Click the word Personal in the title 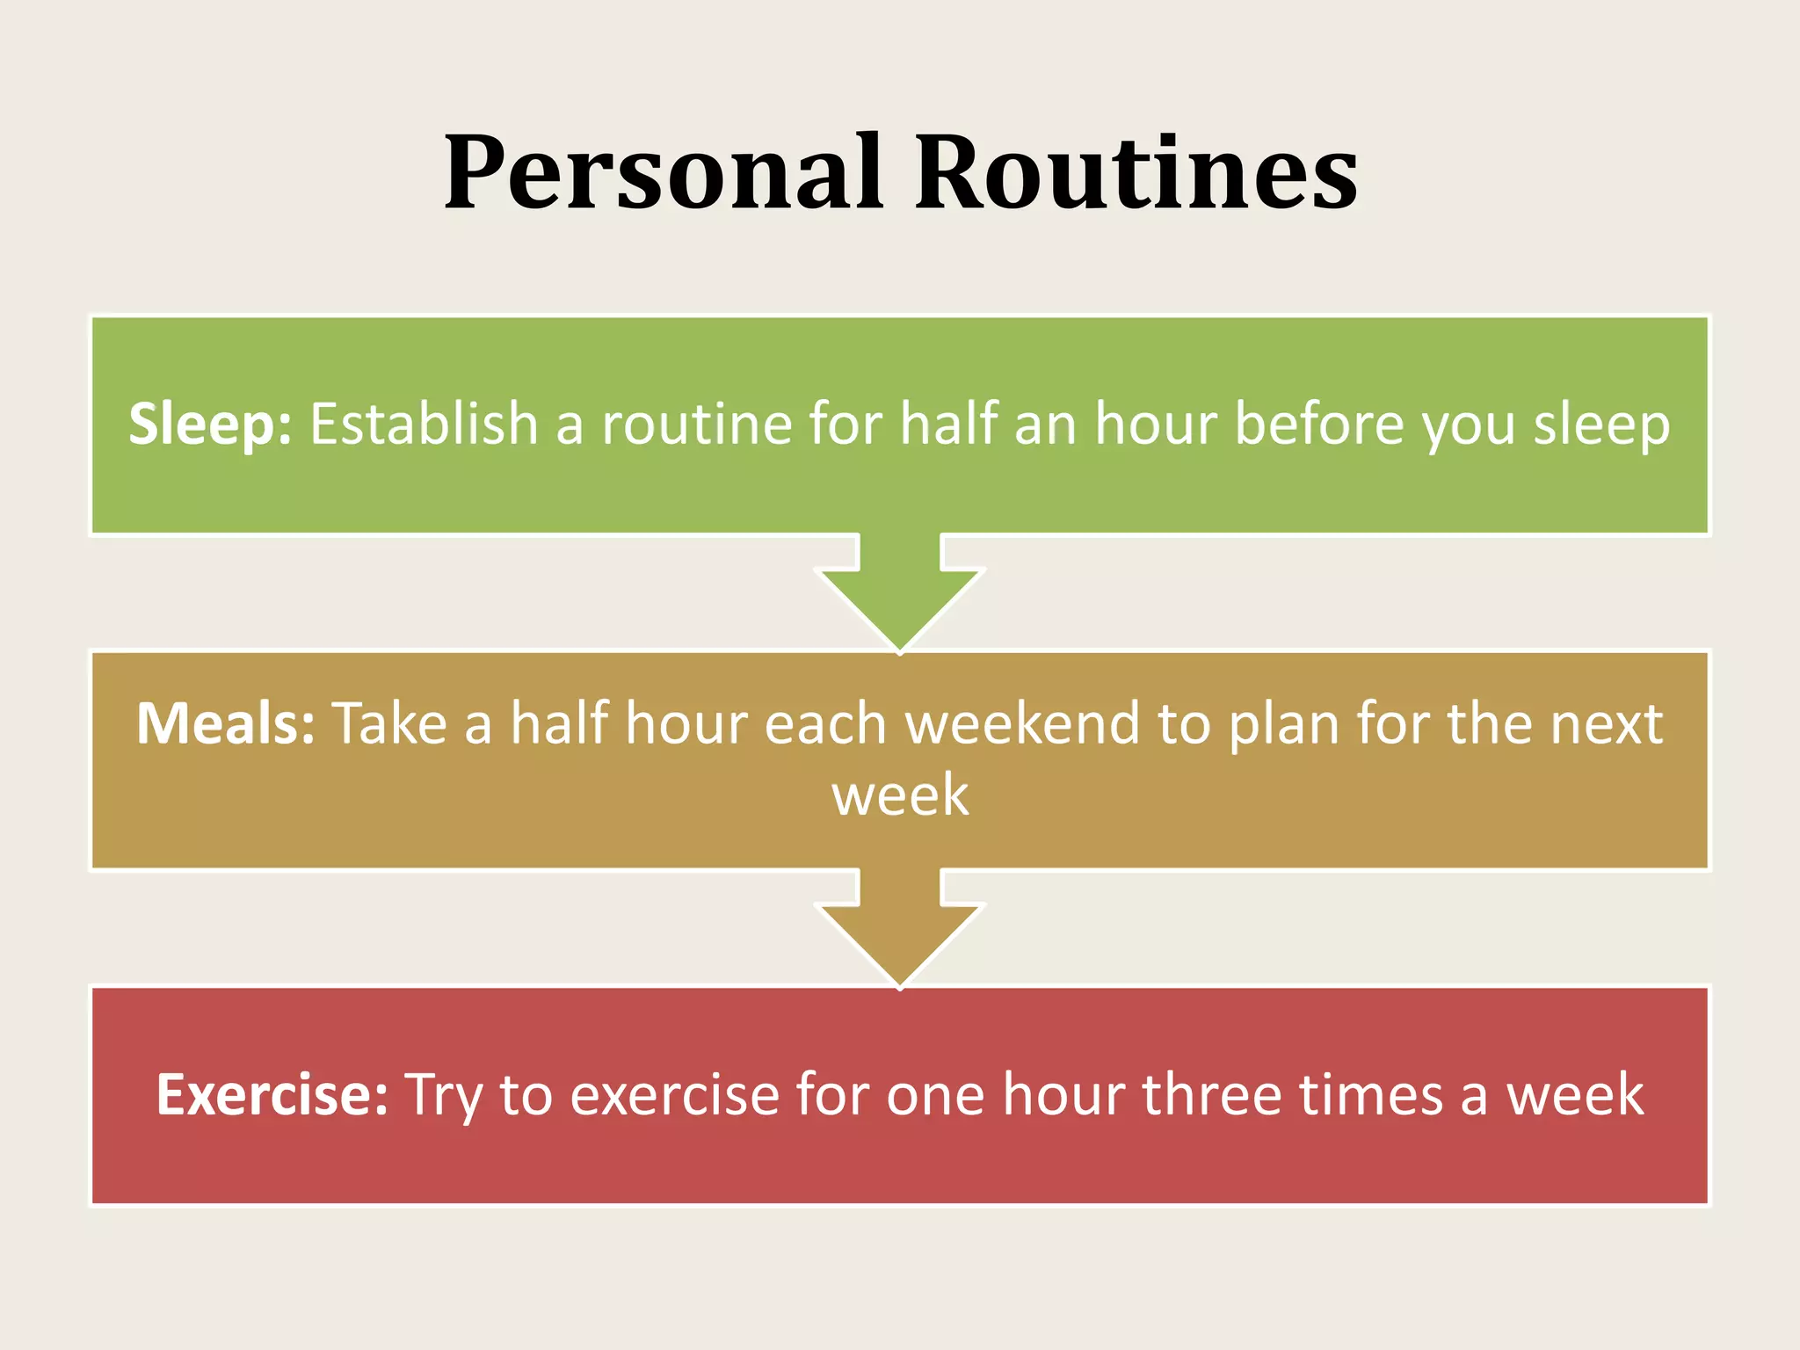[664, 173]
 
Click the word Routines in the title [1136, 173]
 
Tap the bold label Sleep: [210, 425]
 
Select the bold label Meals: [225, 724]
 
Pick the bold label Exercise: [272, 1095]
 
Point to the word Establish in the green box [423, 425]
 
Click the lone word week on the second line [900, 795]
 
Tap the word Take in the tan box [389, 724]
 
